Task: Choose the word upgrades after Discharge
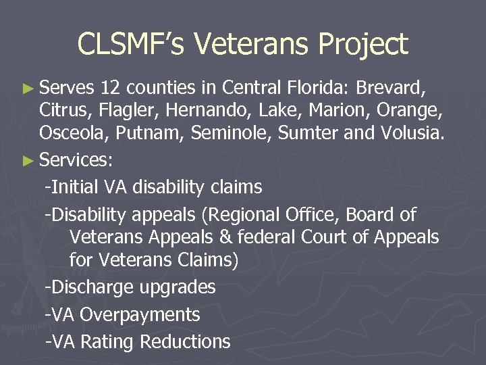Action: point(178,287)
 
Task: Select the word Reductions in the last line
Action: point(184,342)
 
